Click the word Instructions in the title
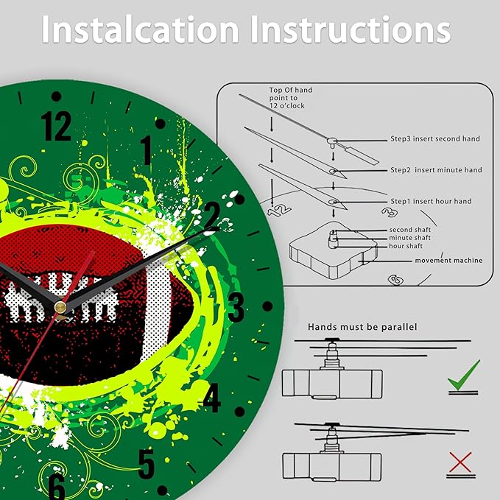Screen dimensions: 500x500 (351, 29)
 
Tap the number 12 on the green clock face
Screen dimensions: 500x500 (56, 126)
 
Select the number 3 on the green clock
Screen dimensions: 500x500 (236, 307)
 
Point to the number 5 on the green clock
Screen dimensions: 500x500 (147, 464)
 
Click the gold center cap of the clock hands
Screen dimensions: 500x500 (60, 307)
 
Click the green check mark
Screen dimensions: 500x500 (464, 375)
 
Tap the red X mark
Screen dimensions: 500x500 (460, 462)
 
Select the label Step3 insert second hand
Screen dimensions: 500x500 (435, 138)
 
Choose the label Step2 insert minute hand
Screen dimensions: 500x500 (436, 170)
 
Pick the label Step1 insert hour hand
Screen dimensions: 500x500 (431, 201)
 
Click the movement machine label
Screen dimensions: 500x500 (448, 261)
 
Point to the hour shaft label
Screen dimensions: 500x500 (406, 246)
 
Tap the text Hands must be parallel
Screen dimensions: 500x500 (362, 327)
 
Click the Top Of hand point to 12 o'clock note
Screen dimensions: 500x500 (290, 98)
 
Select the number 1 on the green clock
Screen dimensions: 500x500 (146, 150)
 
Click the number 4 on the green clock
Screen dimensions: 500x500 (212, 398)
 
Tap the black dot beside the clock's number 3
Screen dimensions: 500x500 (267, 306)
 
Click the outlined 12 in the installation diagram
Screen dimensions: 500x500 (279, 211)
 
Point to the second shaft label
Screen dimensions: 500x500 (409, 230)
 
